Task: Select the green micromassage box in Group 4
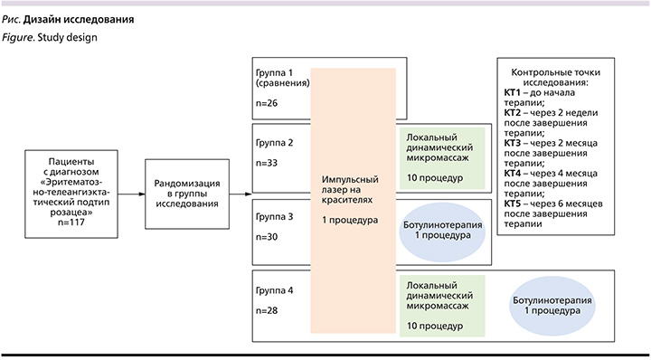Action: [442, 301]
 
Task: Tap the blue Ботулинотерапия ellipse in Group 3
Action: [443, 230]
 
